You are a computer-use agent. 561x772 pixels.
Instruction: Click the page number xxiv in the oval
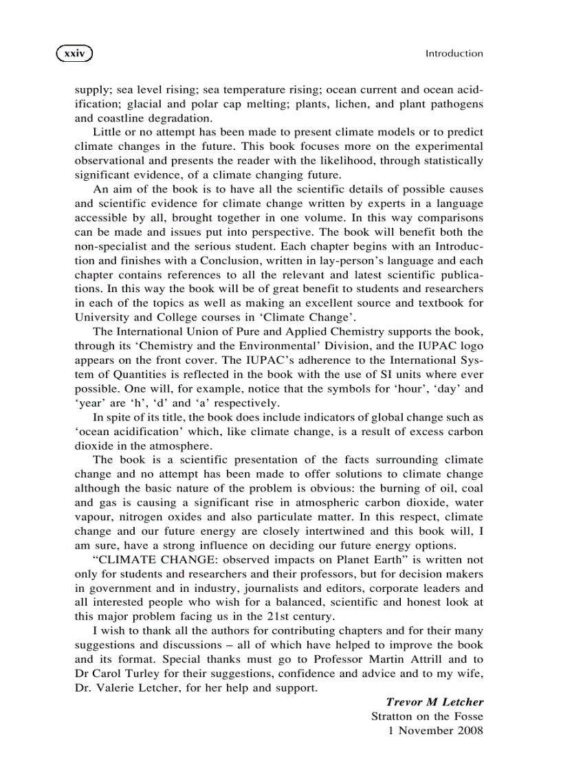(74, 53)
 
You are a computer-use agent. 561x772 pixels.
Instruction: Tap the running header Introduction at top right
(454, 53)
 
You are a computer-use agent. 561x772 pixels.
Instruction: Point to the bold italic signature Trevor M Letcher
(434, 702)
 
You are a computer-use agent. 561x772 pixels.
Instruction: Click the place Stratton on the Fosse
(427, 716)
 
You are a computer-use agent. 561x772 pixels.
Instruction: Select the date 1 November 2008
(436, 731)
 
